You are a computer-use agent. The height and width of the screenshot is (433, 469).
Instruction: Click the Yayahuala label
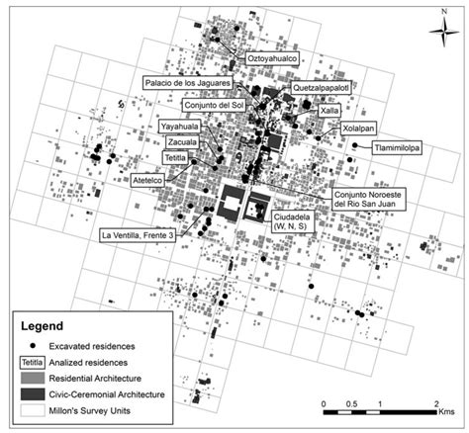pos(179,127)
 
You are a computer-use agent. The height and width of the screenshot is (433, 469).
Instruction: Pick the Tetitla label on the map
pos(176,156)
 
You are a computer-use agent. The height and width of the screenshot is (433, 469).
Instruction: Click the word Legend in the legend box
pos(44,326)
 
